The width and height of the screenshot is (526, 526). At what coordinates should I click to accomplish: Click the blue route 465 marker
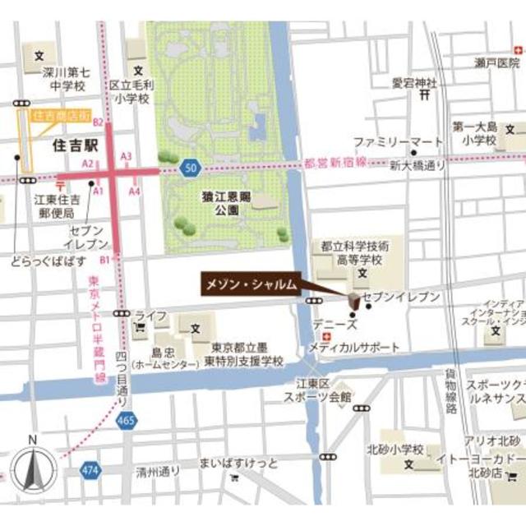click(127, 420)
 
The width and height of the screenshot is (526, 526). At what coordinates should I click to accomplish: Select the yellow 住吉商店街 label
click(62, 116)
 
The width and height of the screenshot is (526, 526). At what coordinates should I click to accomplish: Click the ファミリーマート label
click(397, 141)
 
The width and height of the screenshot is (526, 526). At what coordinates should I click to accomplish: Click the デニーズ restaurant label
click(329, 325)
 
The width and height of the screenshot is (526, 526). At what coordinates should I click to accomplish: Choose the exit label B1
click(104, 259)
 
